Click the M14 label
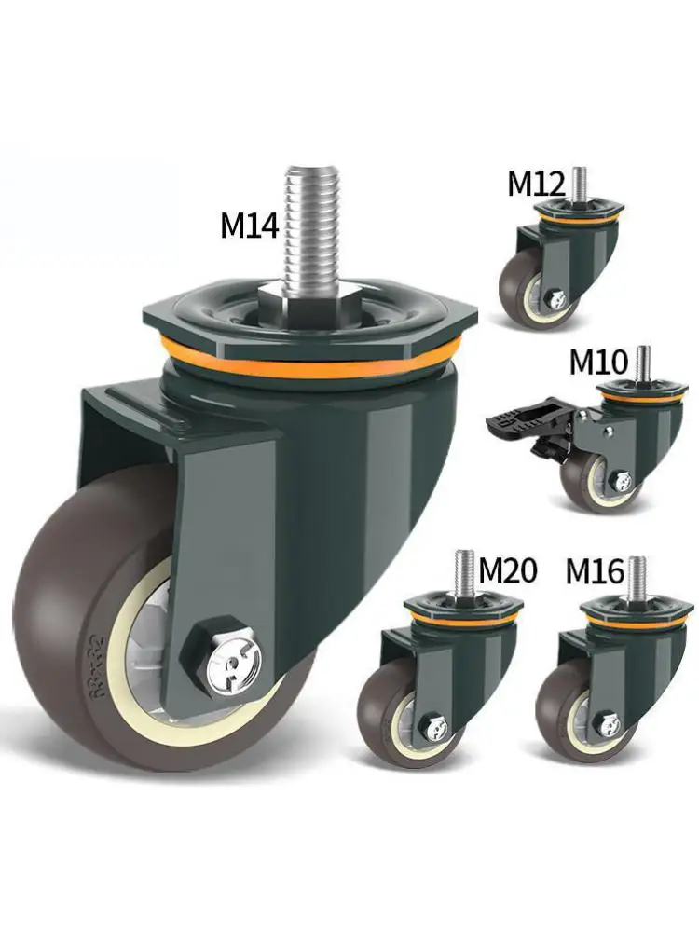(249, 226)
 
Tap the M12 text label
(536, 184)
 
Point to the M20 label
(508, 569)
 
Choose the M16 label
(594, 570)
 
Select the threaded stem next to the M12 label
(580, 184)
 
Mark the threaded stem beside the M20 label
(465, 570)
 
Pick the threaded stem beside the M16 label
(637, 576)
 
